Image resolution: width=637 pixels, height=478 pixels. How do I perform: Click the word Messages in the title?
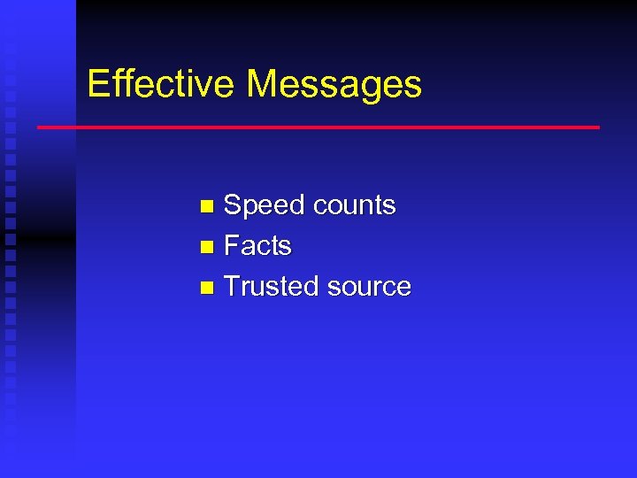tap(334, 85)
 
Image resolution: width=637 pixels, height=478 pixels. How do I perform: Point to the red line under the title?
tap(318, 127)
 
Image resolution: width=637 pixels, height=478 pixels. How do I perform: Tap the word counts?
tap(354, 205)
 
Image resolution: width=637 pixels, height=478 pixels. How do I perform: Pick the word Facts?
tap(257, 245)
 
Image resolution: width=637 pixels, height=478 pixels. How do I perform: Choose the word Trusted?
tap(272, 286)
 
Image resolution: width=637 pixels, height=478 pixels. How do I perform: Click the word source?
tap(368, 287)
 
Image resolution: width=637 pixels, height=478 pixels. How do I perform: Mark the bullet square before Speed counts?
tap(206, 206)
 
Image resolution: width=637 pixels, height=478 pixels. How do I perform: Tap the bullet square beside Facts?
tap(206, 246)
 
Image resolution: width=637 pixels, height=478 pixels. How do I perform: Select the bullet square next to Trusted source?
tap(206, 287)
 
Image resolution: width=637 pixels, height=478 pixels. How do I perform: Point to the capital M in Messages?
tap(263, 84)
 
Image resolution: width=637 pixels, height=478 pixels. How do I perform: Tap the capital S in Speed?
tap(234, 205)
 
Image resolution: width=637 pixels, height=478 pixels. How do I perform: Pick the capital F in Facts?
tap(233, 245)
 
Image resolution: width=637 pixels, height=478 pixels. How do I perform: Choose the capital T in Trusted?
tap(233, 286)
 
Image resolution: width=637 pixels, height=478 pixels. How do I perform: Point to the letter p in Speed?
tap(251, 208)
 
